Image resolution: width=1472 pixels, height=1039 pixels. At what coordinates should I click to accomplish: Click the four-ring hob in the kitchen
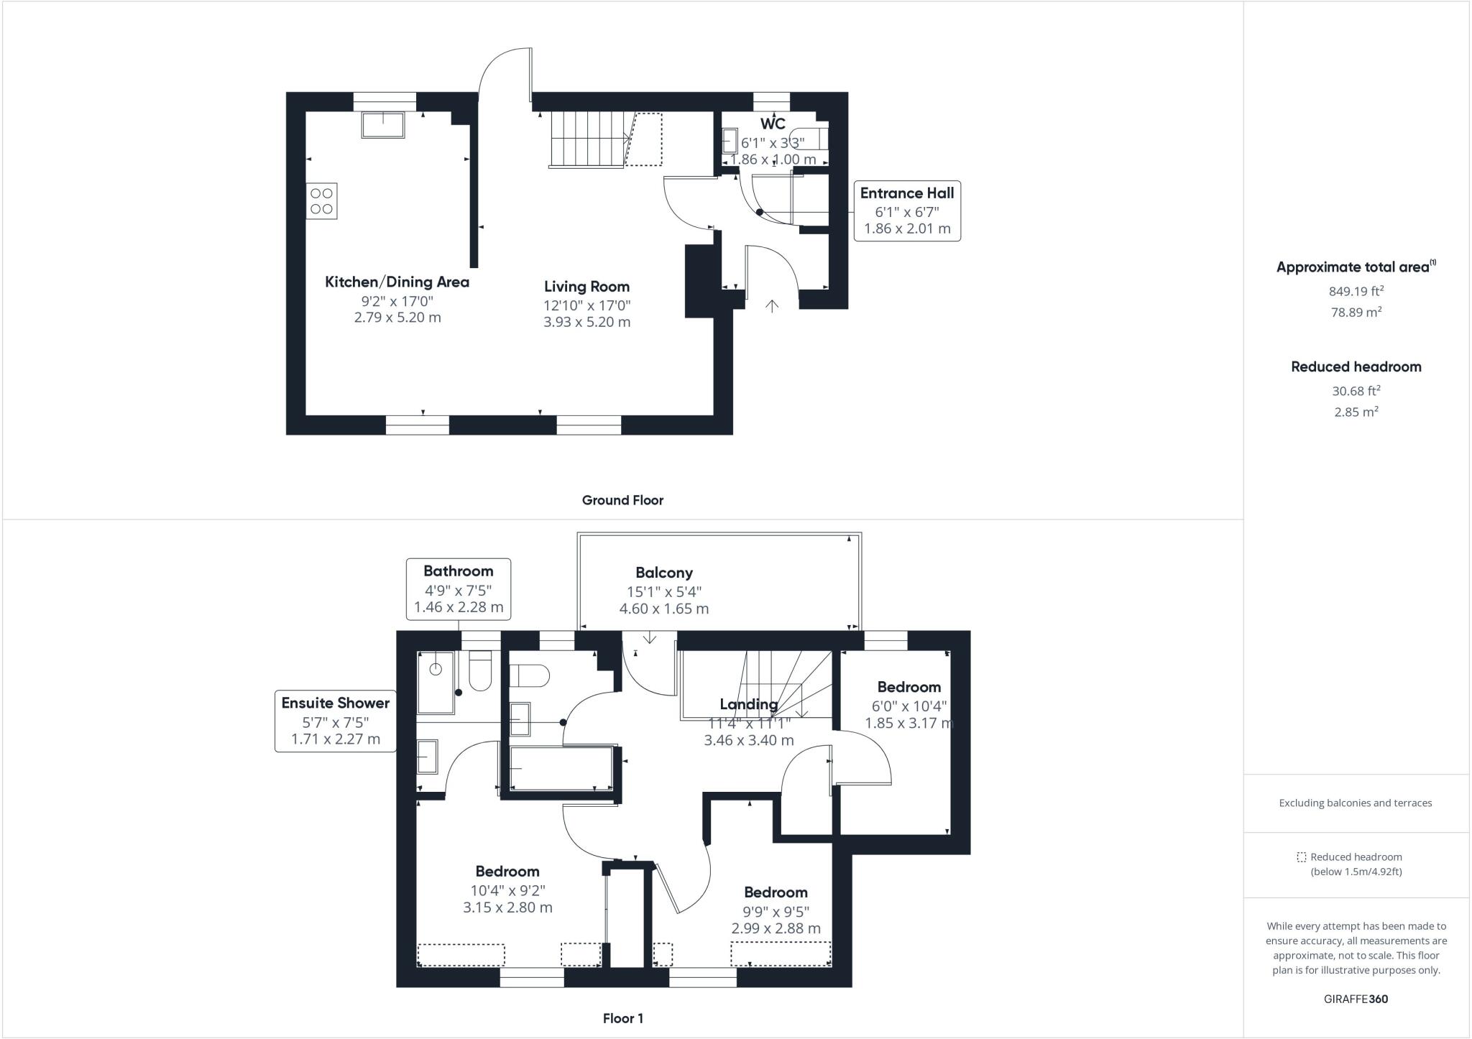click(322, 201)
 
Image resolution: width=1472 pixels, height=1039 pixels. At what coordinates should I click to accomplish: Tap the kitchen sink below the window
click(383, 125)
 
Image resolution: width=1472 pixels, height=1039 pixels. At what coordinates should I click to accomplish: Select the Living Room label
click(586, 287)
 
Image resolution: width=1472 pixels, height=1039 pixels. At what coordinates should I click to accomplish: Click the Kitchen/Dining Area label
click(397, 282)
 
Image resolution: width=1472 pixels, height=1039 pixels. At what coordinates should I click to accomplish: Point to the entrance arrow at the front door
click(772, 307)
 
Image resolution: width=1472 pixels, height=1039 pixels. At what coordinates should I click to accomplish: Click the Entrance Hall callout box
click(906, 211)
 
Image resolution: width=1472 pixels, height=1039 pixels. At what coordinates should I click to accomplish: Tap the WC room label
click(773, 124)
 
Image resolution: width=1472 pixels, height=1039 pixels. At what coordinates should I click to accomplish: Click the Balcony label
click(663, 573)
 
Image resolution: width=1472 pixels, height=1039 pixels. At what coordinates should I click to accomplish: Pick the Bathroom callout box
click(458, 588)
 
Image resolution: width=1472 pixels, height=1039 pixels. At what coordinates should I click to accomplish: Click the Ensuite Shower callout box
click(335, 721)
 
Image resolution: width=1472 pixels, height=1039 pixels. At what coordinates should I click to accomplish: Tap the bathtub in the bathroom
click(561, 769)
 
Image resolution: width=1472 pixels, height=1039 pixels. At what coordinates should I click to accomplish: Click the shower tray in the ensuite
click(436, 682)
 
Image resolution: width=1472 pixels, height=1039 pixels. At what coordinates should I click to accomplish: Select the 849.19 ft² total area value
click(1356, 292)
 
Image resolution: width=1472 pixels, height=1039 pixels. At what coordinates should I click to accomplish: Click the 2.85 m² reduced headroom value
click(1356, 412)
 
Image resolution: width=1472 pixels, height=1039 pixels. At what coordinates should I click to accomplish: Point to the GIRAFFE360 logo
click(1356, 999)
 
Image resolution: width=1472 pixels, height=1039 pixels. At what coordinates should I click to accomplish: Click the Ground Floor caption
click(622, 500)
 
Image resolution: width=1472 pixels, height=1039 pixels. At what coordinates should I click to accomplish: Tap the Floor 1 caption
click(622, 1018)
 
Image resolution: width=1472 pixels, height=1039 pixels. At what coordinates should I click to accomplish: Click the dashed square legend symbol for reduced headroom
click(1301, 857)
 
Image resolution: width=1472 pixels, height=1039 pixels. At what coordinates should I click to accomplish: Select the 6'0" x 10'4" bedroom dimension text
click(908, 706)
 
